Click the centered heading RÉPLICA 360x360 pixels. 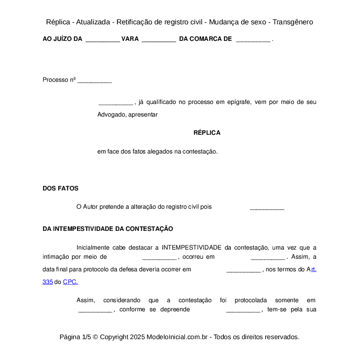click(x=207, y=133)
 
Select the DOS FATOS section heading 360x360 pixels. click(x=60, y=188)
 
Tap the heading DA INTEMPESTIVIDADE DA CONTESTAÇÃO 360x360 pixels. click(x=108, y=229)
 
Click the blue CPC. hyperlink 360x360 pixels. click(x=70, y=282)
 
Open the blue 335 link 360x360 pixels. click(x=47, y=282)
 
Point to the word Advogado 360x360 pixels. click(x=111, y=115)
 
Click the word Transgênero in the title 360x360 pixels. click(x=293, y=22)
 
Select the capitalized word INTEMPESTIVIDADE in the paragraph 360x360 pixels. click(x=192, y=247)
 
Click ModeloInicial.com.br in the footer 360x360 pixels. click(x=178, y=337)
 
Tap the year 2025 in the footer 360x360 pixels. click(x=137, y=337)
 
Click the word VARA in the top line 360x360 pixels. click(x=130, y=39)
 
